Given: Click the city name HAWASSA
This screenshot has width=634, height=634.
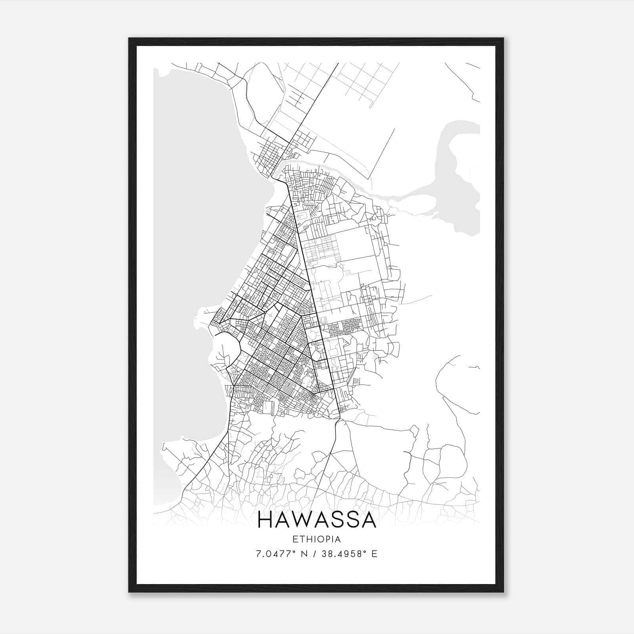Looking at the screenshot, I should pyautogui.click(x=317, y=520).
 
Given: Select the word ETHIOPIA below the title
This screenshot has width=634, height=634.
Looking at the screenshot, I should pyautogui.click(x=317, y=539).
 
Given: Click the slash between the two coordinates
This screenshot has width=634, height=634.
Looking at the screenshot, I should pyautogui.click(x=314, y=554).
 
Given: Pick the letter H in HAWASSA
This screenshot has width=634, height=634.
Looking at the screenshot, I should pyautogui.click(x=265, y=520).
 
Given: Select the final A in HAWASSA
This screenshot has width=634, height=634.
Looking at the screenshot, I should pyautogui.click(x=367, y=520).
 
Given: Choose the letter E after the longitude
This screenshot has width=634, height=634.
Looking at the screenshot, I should pyautogui.click(x=374, y=554).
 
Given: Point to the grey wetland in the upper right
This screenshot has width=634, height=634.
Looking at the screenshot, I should pyautogui.click(x=460, y=178).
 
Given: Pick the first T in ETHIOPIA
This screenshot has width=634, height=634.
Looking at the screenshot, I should pyautogui.click(x=301, y=539).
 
